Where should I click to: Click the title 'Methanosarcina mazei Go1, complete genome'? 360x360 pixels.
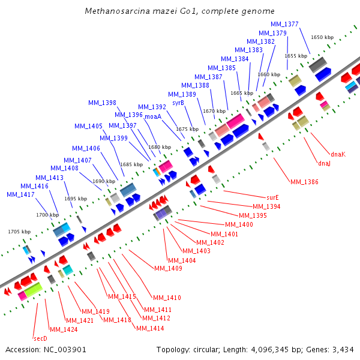(x=180, y=11)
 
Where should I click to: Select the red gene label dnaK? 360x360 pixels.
(x=337, y=154)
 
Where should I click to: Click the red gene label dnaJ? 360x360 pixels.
(x=324, y=163)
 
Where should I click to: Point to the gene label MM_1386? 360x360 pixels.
(x=304, y=182)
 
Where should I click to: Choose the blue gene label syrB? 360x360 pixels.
(x=178, y=103)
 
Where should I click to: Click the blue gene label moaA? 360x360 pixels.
(x=153, y=116)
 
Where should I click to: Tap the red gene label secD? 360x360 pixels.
(x=40, y=338)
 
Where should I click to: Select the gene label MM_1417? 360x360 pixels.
(x=20, y=194)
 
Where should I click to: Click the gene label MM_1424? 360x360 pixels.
(x=64, y=329)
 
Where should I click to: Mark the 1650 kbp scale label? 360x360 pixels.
(x=322, y=37)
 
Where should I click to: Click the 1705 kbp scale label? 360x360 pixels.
(x=19, y=231)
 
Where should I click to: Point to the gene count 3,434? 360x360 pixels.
(x=343, y=350)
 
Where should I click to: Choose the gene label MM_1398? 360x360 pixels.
(x=103, y=103)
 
